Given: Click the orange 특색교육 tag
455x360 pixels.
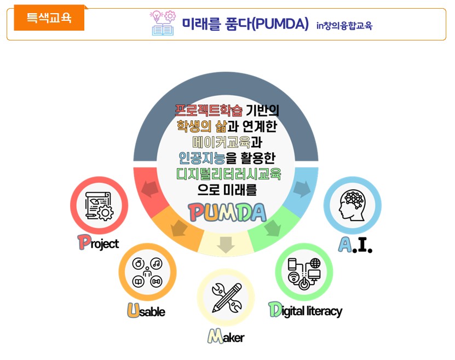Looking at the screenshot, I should coord(49,18).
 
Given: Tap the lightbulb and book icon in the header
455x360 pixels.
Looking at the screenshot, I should coord(162,23).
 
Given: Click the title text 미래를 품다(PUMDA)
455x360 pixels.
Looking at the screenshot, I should coord(245,25).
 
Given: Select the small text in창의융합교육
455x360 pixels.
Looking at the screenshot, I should coord(344,25).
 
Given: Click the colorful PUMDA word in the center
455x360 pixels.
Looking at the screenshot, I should coord(226,212).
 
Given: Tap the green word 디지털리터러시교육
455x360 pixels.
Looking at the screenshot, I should coord(229,174).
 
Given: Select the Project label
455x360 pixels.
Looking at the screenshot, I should coord(98,242).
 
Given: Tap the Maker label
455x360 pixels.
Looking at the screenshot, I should coord(226,336).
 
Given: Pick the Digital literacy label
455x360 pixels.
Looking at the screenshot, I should coord(305,310).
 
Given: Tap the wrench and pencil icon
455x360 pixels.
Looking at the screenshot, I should coord(226,298).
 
